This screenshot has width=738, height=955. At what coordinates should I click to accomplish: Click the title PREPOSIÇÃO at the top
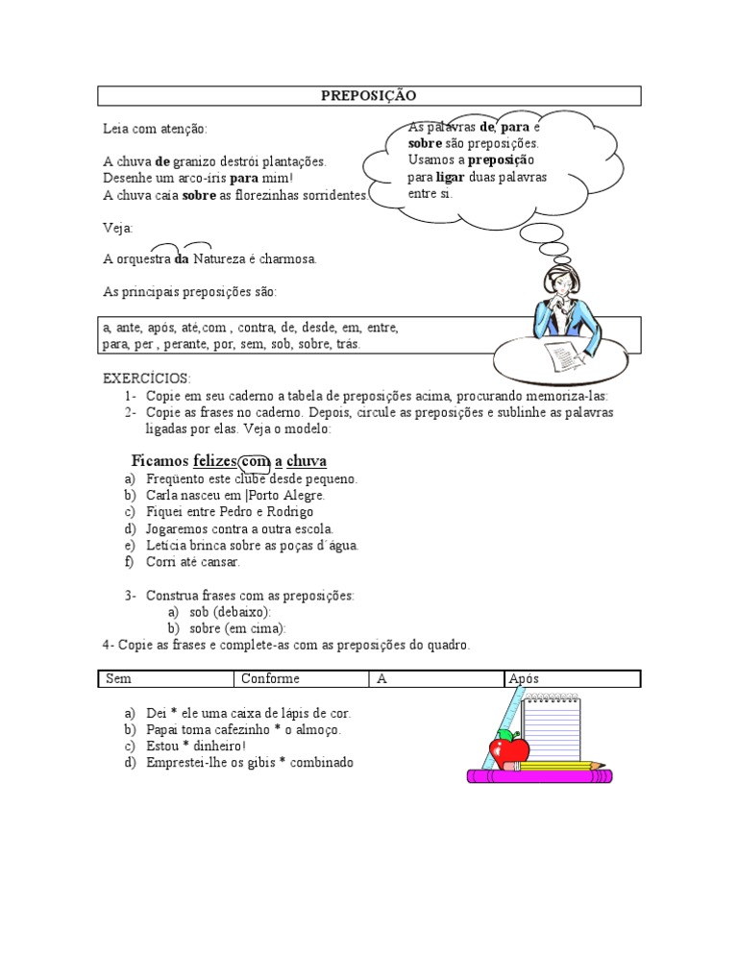[x=369, y=95]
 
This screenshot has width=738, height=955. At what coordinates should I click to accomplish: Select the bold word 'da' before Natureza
[x=182, y=258]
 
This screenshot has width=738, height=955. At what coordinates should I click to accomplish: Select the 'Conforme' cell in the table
[x=271, y=678]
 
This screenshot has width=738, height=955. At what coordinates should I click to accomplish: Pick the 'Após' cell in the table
[x=524, y=678]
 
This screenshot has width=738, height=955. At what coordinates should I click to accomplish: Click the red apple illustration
[x=508, y=748]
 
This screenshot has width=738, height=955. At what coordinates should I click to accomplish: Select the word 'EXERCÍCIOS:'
[x=147, y=378]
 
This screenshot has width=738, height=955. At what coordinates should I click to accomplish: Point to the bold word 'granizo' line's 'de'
[x=162, y=161]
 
